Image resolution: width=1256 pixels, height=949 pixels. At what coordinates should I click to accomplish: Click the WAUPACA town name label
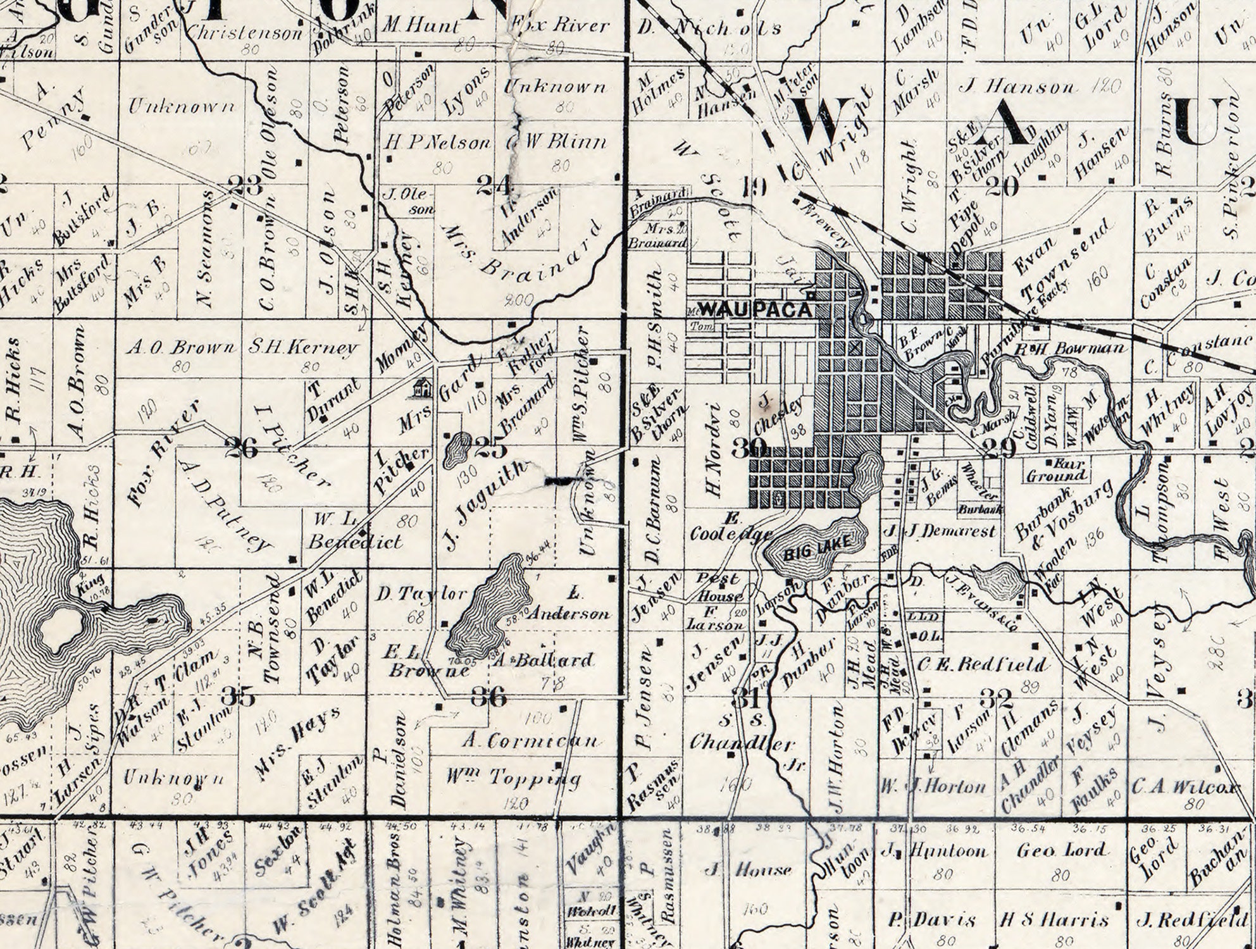[755, 309]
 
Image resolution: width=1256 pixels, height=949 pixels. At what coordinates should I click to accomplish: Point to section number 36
[489, 698]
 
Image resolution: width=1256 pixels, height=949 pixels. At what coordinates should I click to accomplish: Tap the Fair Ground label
[1055, 469]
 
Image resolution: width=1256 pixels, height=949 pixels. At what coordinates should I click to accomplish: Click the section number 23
[244, 185]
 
